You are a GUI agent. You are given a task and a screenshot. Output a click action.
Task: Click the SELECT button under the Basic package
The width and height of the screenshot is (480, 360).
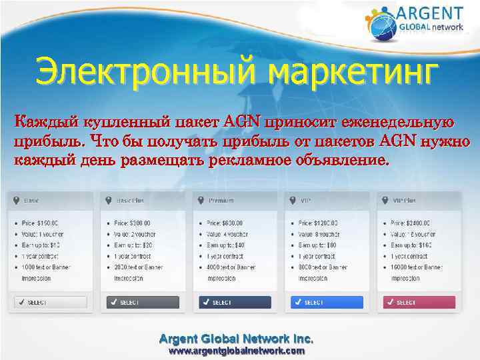[47, 302]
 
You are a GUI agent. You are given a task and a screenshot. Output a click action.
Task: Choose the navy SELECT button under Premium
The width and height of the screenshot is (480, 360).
[235, 302]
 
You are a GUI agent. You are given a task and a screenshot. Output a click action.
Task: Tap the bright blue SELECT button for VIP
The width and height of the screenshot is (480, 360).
[327, 302]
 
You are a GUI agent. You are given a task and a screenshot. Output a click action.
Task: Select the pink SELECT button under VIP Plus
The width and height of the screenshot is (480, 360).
[418, 302]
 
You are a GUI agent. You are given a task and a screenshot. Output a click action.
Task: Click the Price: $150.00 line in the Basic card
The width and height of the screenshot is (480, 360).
[43, 223]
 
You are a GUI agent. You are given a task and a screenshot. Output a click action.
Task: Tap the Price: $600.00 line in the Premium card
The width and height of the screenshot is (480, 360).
[225, 223]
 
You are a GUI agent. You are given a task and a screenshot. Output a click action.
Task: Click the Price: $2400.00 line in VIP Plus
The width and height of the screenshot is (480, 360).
[412, 223]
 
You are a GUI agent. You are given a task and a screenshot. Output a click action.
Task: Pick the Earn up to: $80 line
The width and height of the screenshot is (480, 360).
[317, 245]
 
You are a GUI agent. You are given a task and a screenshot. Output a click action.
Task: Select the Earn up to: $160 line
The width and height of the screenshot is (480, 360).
[411, 245]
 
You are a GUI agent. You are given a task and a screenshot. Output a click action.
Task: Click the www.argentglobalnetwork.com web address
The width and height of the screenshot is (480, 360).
[237, 350]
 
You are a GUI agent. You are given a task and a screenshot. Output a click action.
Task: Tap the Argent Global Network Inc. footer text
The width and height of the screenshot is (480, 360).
[237, 337]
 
